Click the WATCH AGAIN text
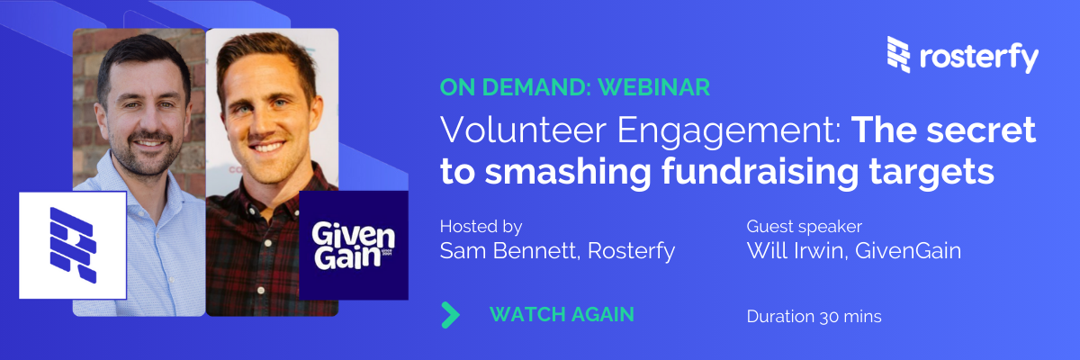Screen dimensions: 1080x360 pyautogui.click(x=562, y=315)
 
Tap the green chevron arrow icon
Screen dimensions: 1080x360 pyautogui.click(x=451, y=315)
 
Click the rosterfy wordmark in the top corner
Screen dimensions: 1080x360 pyautogui.click(x=979, y=58)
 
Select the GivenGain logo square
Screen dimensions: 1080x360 pyautogui.click(x=354, y=246)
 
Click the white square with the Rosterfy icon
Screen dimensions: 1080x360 pyautogui.click(x=73, y=246)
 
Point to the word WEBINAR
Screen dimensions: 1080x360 pyautogui.click(x=653, y=87)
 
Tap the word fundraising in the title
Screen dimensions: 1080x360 pyautogui.click(x=760, y=172)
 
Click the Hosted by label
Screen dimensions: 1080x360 pyautogui.click(x=481, y=227)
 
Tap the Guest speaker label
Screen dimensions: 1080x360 pyautogui.click(x=805, y=227)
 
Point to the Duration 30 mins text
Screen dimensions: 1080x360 pyautogui.click(x=814, y=317)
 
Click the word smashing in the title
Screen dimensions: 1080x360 pyautogui.click(x=568, y=172)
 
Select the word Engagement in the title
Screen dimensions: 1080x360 pyautogui.click(x=729, y=131)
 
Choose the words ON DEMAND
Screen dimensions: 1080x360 pyautogui.click(x=516, y=87)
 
